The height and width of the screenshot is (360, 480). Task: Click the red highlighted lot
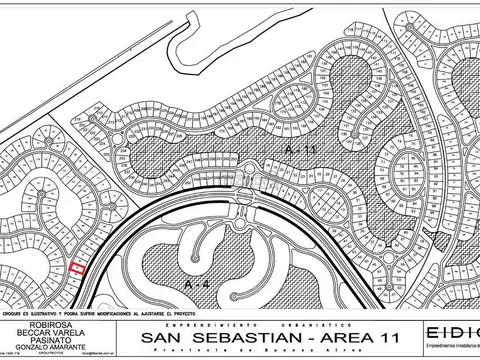point(78,266)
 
